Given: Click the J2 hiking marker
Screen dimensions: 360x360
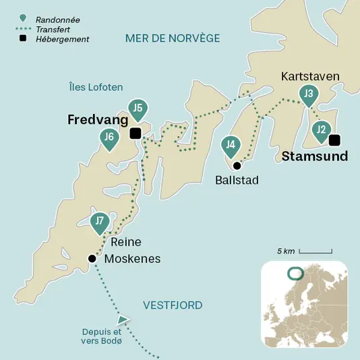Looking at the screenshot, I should point(321,129).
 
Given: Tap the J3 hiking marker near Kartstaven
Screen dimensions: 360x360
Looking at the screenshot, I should point(309,94).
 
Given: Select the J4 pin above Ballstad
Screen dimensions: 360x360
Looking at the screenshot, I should point(231,144).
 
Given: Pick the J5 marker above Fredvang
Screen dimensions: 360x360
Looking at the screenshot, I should point(138,108).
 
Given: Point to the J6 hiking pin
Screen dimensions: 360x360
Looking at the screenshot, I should point(109,138).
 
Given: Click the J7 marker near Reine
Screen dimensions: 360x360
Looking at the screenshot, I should point(100,221).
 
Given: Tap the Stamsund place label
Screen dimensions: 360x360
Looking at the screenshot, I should point(315,156).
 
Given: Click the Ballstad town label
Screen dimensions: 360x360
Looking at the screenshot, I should point(237,180).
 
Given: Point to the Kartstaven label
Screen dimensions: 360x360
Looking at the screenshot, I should point(310,76).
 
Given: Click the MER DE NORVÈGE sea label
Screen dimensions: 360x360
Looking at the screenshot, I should point(173,38).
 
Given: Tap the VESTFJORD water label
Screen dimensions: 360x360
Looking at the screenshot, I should point(173,305).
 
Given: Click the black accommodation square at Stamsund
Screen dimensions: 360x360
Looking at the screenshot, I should point(334,140).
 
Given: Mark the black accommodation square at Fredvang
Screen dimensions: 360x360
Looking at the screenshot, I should point(136,133).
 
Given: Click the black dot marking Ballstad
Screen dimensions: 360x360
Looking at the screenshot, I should point(237,165).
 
